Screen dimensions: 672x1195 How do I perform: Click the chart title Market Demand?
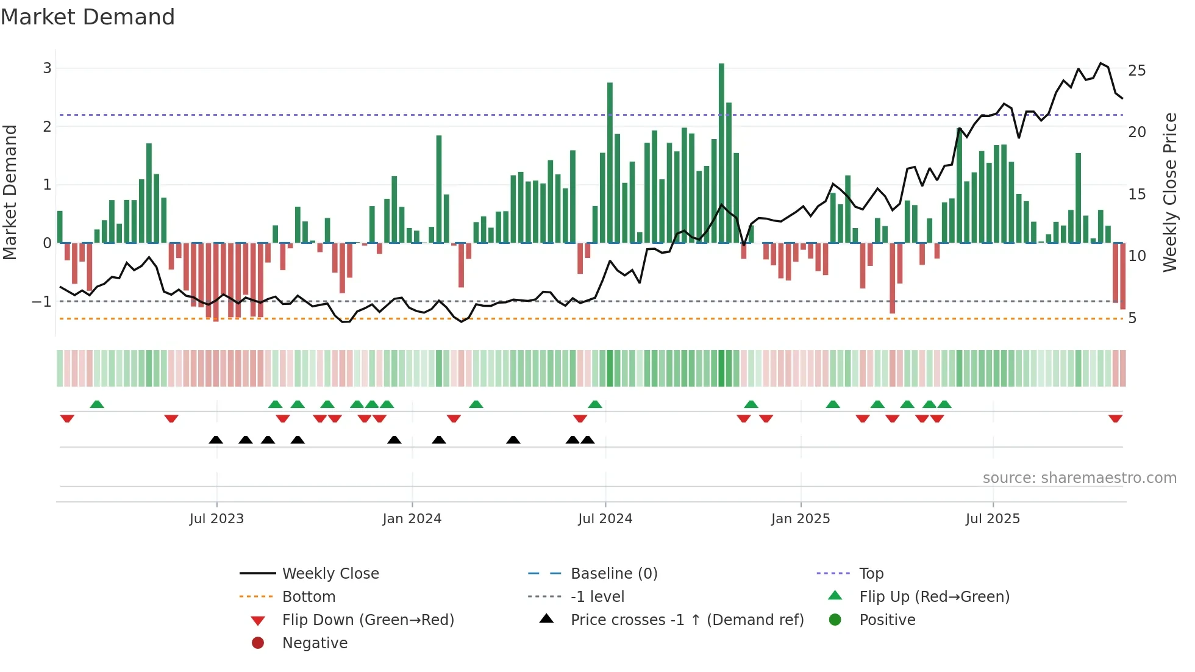coord(88,17)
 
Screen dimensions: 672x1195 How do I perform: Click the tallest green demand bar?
coord(721,152)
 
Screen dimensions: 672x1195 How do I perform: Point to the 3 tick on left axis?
coord(47,68)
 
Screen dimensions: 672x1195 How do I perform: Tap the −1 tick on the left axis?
coord(41,301)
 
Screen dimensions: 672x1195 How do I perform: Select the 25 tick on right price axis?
coord(1137,71)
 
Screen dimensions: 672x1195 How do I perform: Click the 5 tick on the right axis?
coord(1132,318)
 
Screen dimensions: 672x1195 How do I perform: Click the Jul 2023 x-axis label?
coord(216,519)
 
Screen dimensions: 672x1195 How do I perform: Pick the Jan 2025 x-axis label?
coord(801,519)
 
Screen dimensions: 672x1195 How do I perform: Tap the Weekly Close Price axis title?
coord(1169,192)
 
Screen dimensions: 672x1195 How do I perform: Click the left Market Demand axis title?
coord(10,192)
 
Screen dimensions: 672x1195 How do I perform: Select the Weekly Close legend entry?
coord(330,573)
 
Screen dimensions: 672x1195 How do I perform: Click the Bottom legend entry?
coord(309,596)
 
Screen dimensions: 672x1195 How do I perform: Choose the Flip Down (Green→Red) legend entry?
coord(368,620)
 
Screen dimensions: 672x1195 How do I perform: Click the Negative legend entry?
coord(315,643)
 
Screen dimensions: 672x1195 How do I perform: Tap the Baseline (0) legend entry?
coord(614,573)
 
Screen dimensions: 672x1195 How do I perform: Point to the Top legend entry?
coord(871,573)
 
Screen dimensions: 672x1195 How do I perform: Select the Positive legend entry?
coord(887,620)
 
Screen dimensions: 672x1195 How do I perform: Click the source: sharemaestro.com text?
coord(1079,477)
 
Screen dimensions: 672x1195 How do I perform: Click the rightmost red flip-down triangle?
coord(1116,418)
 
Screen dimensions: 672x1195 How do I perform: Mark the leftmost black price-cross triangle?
coord(216,440)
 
